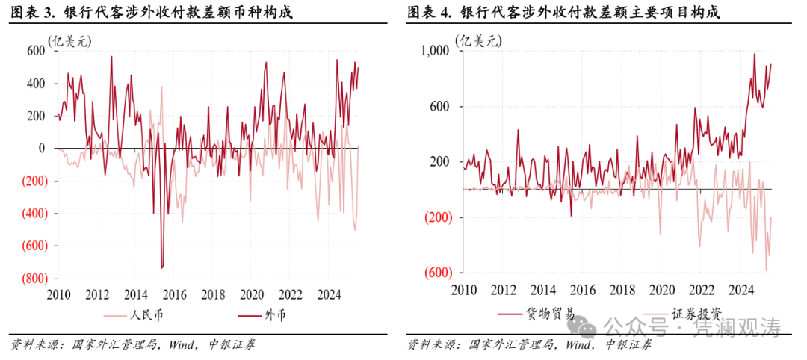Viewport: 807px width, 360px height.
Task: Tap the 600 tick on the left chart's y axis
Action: [x=34, y=51]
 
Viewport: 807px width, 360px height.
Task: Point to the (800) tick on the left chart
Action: [x=31, y=278]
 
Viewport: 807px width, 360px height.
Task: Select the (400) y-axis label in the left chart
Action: [x=31, y=213]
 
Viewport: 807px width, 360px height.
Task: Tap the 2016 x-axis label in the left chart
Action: [x=174, y=294]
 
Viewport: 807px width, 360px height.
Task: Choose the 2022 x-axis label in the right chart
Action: [x=700, y=290]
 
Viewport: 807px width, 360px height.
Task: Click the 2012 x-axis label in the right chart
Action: [x=502, y=290]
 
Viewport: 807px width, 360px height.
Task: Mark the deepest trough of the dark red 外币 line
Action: [x=162, y=267]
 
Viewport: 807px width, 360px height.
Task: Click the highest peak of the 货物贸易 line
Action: [x=754, y=54]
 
